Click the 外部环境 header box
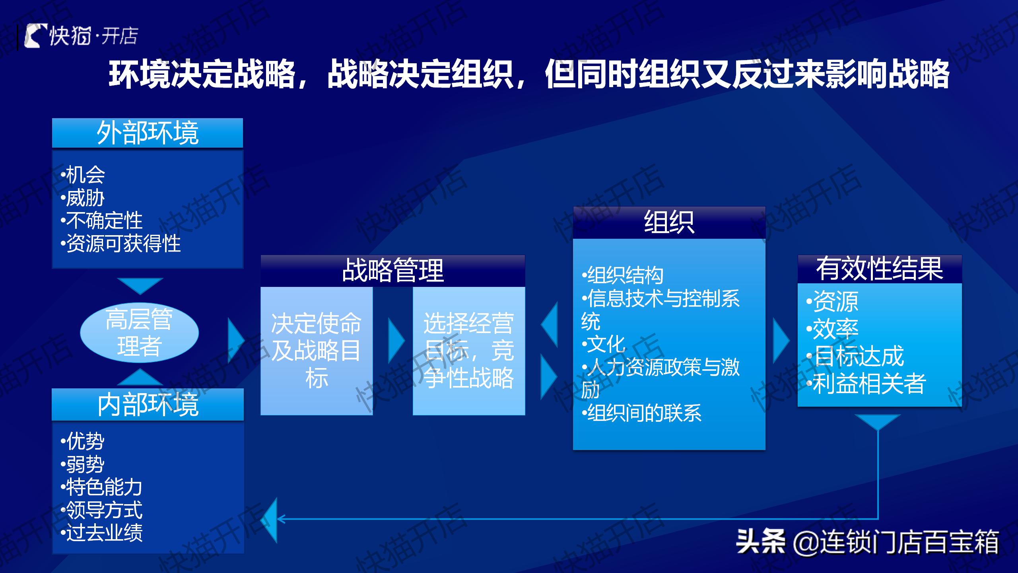[148, 133]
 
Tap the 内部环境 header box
[148, 405]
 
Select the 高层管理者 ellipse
[139, 333]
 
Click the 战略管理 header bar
[393, 271]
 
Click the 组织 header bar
[669, 222]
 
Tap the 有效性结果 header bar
[880, 269]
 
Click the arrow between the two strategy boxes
[395, 341]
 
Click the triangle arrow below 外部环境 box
[140, 285]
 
